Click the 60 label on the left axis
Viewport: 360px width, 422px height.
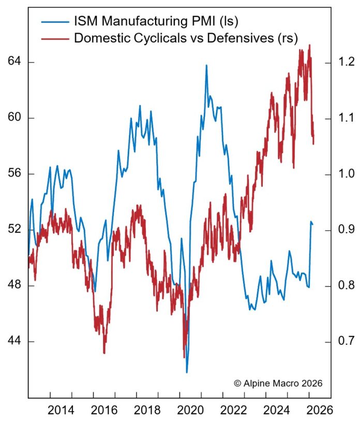click(x=14, y=118)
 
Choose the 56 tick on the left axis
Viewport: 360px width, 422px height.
click(x=14, y=174)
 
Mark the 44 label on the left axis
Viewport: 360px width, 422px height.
click(x=14, y=342)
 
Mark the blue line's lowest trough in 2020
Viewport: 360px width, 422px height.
click(x=187, y=372)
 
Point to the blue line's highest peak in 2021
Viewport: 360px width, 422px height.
click(x=206, y=65)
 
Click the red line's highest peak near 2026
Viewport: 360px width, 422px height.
click(x=309, y=45)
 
